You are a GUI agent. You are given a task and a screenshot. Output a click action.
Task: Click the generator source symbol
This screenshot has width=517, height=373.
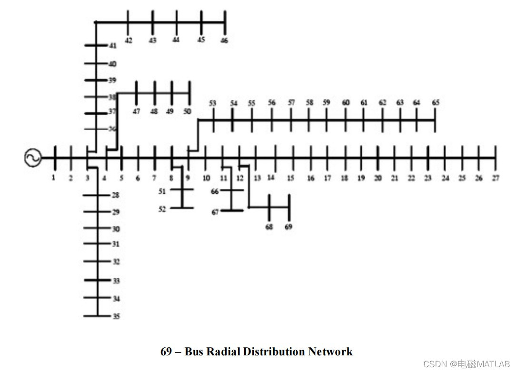(x=33, y=158)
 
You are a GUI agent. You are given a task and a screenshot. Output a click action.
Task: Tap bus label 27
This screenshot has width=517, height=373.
(x=496, y=178)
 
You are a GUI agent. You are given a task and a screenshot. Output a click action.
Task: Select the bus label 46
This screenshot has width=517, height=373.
(x=224, y=40)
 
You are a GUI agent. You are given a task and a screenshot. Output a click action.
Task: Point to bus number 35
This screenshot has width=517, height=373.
(x=116, y=316)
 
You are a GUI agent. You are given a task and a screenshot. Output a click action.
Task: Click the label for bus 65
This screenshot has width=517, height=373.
(x=436, y=103)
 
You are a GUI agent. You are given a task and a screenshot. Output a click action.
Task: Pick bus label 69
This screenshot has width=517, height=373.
(x=288, y=227)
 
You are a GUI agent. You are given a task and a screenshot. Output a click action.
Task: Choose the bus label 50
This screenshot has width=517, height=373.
(x=188, y=111)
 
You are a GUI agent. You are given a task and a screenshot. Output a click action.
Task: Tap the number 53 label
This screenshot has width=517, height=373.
(x=212, y=103)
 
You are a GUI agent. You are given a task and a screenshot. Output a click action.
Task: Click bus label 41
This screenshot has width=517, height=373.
(x=113, y=46)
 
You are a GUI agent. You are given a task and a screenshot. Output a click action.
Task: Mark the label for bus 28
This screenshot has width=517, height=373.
(x=116, y=195)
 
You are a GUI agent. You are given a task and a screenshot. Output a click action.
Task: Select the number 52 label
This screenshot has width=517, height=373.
(x=162, y=209)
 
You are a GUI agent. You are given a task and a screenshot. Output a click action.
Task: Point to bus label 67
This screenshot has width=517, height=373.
(x=215, y=212)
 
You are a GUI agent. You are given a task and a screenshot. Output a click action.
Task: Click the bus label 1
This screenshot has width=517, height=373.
(x=54, y=178)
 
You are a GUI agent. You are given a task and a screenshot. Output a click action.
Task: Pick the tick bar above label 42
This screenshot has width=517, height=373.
(x=128, y=22)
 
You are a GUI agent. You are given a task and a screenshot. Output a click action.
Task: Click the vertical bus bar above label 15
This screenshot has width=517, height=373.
(x=293, y=158)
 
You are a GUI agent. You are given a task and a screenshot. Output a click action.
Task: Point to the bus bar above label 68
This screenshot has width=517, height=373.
(x=269, y=207)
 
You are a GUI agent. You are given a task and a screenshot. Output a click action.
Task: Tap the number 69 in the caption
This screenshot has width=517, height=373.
(x=166, y=352)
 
